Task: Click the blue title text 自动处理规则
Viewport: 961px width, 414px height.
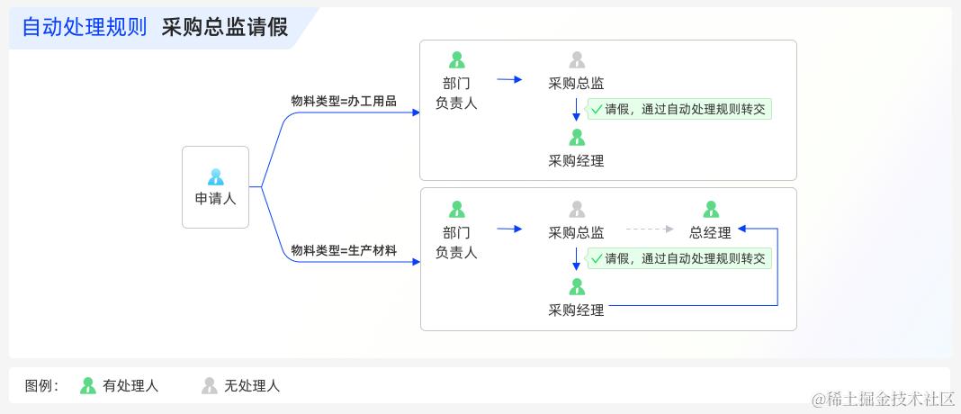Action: point(84,27)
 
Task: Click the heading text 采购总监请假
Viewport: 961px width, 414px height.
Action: point(225,27)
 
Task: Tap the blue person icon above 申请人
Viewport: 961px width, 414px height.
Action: point(215,176)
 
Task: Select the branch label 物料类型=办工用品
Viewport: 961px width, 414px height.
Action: point(344,101)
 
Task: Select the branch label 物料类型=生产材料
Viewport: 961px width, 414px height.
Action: point(344,250)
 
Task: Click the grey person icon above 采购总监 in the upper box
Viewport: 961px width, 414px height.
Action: point(577,60)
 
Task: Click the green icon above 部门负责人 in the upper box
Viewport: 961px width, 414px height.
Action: point(456,60)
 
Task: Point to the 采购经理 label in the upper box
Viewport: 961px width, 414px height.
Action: point(576,161)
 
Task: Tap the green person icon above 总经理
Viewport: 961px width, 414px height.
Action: point(711,210)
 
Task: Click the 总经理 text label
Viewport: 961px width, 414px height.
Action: point(711,232)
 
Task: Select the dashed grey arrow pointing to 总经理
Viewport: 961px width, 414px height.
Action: point(649,229)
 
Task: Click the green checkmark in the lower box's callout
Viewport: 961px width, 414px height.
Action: point(596,259)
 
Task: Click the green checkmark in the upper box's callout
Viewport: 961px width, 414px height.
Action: point(596,110)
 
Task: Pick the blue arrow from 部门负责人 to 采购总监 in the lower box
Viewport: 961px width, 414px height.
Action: point(509,229)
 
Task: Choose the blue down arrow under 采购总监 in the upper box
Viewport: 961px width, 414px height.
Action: point(577,110)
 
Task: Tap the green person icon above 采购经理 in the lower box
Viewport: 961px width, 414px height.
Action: point(577,287)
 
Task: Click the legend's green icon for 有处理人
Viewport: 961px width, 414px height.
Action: point(87,386)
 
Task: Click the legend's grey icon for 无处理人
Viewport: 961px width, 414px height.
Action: point(209,386)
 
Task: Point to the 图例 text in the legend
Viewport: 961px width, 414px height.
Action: point(41,386)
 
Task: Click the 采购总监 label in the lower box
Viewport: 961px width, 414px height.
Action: point(576,232)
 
